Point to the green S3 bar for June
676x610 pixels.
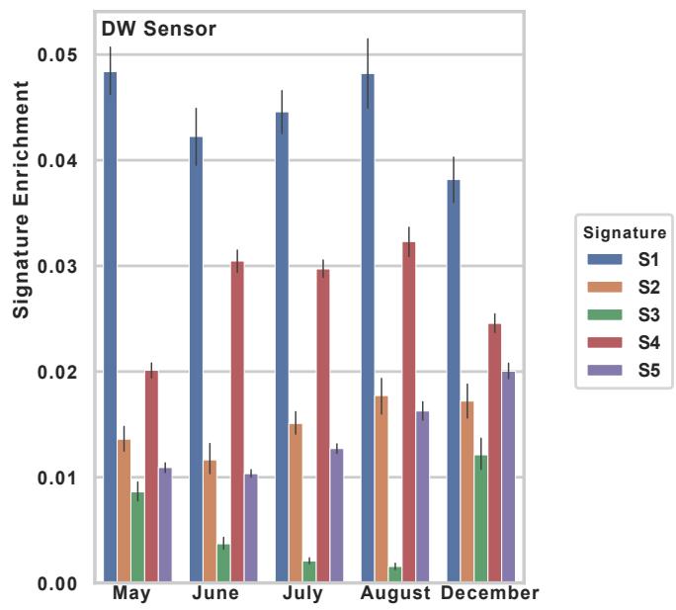point(223,564)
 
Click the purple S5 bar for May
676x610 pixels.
point(165,525)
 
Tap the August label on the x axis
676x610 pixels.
point(395,594)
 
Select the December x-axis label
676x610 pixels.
point(490,594)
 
